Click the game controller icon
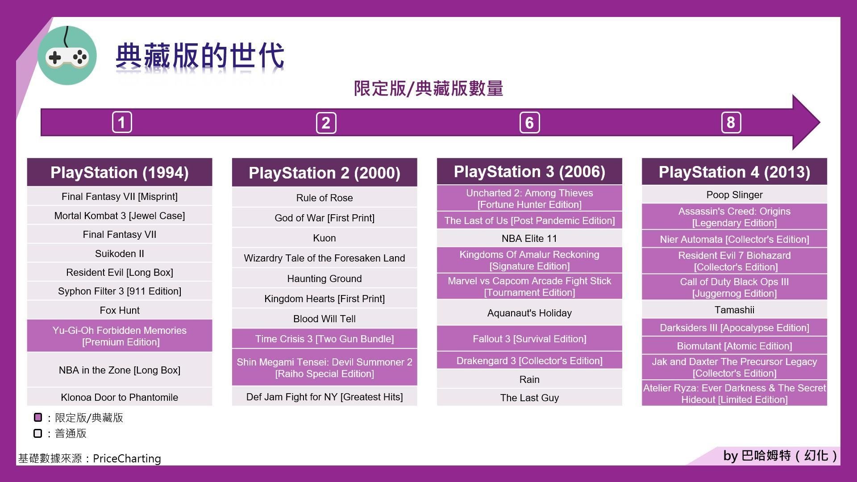pyautogui.click(x=67, y=56)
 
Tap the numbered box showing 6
pyautogui.click(x=529, y=123)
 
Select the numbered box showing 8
pyautogui.click(x=731, y=122)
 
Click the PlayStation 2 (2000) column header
pyautogui.click(x=324, y=173)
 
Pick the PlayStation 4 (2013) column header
pyautogui.click(x=734, y=172)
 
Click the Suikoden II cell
pyautogui.click(x=120, y=253)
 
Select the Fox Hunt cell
pyautogui.click(x=120, y=310)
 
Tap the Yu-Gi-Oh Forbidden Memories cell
pyautogui.click(x=120, y=336)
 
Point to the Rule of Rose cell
pyautogui.click(x=324, y=198)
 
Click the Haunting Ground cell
pyautogui.click(x=324, y=278)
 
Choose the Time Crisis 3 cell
pyautogui.click(x=324, y=339)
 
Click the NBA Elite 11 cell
pyautogui.click(x=529, y=238)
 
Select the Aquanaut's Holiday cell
pyautogui.click(x=529, y=313)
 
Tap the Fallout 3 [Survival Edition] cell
pyautogui.click(x=529, y=339)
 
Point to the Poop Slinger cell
pyautogui.click(x=734, y=195)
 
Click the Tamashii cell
pyautogui.click(x=734, y=310)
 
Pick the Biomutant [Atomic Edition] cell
pyautogui.click(x=734, y=346)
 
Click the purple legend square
pyautogui.click(x=38, y=417)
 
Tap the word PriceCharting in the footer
pyautogui.click(x=127, y=458)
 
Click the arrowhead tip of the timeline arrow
pyautogui.click(x=820, y=122)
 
